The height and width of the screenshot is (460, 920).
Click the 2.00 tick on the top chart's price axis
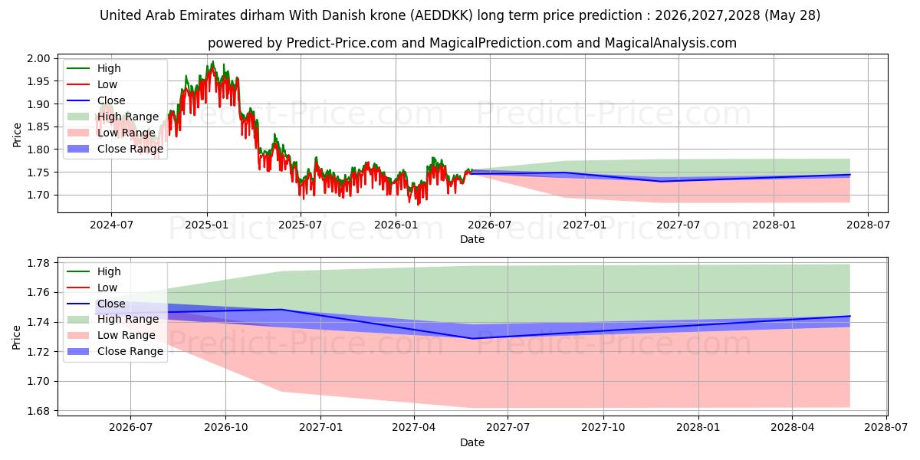(38, 58)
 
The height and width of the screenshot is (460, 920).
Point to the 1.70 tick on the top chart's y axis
(38, 195)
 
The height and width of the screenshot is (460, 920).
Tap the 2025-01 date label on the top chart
(206, 225)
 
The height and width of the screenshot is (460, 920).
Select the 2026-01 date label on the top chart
(396, 225)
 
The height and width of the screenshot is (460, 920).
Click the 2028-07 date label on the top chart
(868, 225)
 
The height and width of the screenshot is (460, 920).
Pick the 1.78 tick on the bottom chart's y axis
(38, 263)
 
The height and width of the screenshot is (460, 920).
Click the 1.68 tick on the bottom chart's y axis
(38, 411)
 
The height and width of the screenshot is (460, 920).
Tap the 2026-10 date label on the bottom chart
(226, 428)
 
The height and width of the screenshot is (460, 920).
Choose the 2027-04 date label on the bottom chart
(414, 428)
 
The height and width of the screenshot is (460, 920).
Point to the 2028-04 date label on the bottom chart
(792, 428)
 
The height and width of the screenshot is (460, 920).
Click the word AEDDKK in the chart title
(444, 15)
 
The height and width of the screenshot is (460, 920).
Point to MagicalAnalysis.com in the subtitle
(670, 43)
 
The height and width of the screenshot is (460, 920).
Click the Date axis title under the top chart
(472, 239)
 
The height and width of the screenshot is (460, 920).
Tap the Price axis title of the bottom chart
(16, 337)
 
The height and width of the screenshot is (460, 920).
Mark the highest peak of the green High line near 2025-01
(213, 61)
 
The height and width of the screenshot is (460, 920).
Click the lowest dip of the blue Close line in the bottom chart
(472, 339)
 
